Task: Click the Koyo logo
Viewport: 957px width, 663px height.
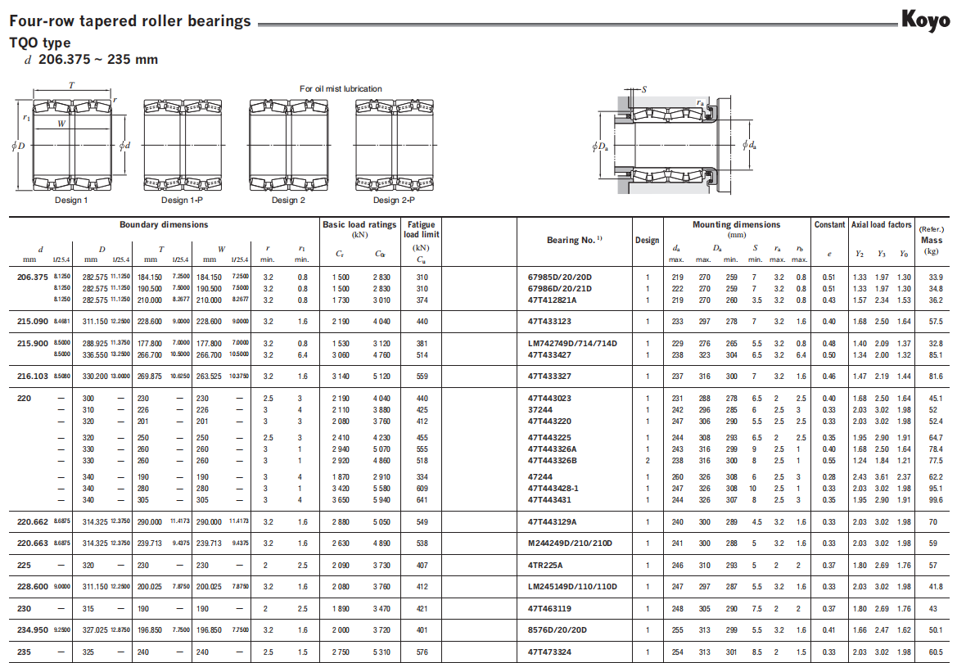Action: pos(926,19)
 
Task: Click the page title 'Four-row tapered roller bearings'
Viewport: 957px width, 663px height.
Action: pos(129,21)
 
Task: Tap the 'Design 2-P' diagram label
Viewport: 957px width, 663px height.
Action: pos(394,200)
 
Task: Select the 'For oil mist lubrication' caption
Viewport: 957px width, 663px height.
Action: pos(341,88)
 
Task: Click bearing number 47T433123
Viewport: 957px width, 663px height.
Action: pos(549,322)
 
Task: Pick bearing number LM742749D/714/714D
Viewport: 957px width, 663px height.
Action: pos(572,343)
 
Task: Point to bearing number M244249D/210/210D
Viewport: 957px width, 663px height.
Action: pos(570,543)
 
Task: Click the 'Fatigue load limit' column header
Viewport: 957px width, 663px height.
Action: pos(422,229)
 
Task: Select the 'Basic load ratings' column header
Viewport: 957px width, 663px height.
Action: pos(359,224)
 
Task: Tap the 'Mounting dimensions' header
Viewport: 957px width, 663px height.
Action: pos(736,224)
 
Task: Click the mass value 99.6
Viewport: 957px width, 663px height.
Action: pos(936,499)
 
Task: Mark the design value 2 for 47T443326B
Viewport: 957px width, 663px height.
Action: pos(647,461)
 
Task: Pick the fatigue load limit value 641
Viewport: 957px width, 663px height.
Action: pos(422,499)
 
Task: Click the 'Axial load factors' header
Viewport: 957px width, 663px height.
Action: pos(881,224)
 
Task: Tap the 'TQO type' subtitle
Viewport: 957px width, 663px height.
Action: pos(40,43)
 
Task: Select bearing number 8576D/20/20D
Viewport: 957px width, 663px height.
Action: pos(558,630)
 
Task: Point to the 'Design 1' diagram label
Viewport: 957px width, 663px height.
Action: pos(71,200)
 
